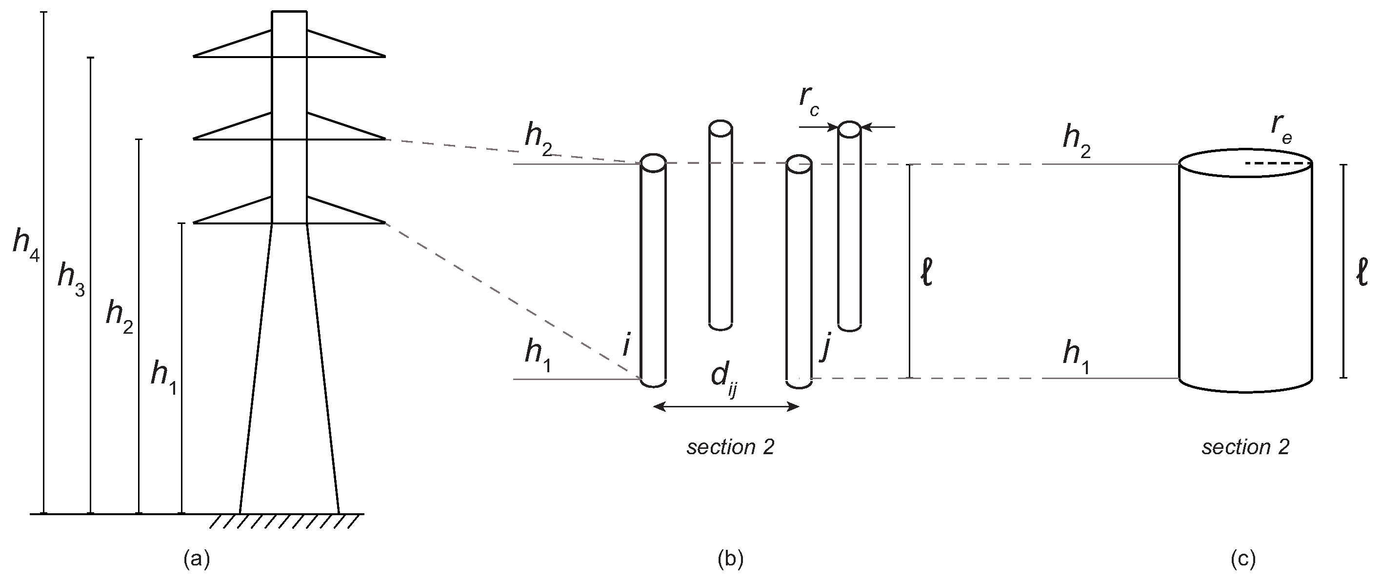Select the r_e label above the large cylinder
pos(1281,127)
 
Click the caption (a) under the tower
pos(196,560)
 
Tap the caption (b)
pos(730,560)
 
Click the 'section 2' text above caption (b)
pos(730,447)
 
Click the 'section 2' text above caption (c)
pos(1245,447)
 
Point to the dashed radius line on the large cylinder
pos(1278,163)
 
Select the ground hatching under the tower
pos(284,522)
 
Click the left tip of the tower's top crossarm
pos(194,56)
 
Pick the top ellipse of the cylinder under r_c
pos(850,129)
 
